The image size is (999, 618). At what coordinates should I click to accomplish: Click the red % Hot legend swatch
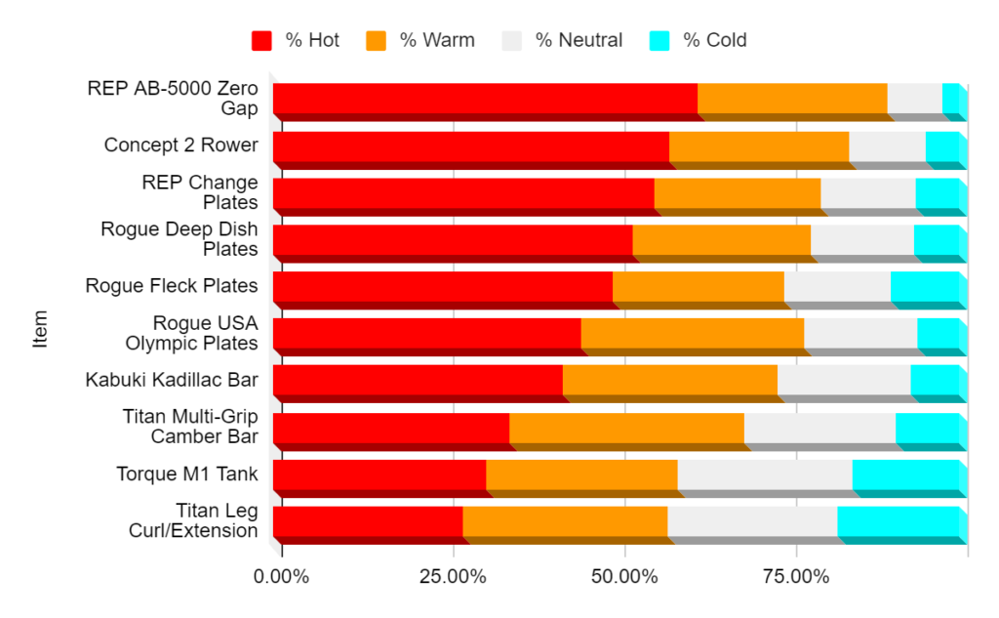(x=261, y=40)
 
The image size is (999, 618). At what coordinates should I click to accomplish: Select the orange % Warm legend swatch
(x=376, y=40)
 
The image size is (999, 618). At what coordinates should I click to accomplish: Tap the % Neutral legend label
(x=578, y=40)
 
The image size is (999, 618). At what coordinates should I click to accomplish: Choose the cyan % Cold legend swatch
(x=659, y=40)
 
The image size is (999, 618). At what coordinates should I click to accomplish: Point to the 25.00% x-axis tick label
(x=453, y=577)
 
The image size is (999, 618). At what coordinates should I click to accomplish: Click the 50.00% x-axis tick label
(x=624, y=577)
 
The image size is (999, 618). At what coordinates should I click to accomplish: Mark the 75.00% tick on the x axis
(x=796, y=577)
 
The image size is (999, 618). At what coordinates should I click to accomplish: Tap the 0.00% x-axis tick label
(x=281, y=577)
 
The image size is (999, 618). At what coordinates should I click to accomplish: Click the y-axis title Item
(x=41, y=329)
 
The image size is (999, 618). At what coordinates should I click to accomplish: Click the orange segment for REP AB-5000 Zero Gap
(x=792, y=99)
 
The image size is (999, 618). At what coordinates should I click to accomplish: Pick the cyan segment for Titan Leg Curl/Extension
(x=898, y=521)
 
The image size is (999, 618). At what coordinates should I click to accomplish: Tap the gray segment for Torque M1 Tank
(x=765, y=474)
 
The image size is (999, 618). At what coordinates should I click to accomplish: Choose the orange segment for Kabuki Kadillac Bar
(x=670, y=380)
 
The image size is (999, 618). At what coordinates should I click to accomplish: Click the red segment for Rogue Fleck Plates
(x=443, y=286)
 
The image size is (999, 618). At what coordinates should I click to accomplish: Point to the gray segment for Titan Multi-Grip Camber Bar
(x=819, y=428)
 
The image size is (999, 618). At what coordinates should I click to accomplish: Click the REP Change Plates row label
(x=200, y=192)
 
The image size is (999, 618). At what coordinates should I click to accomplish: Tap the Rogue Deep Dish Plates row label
(x=180, y=239)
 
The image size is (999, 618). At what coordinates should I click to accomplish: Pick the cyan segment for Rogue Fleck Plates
(x=925, y=286)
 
